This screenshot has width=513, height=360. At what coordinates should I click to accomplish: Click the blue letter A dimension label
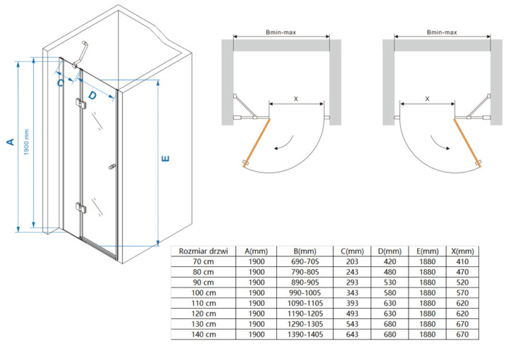(x=11, y=141)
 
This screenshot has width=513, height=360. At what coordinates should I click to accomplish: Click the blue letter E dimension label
(x=166, y=158)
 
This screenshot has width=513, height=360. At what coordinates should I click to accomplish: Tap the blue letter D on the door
(x=92, y=95)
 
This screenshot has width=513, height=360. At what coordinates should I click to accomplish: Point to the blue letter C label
(x=60, y=83)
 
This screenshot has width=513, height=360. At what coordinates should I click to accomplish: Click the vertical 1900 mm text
(x=26, y=142)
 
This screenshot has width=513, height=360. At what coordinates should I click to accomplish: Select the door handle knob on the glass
(x=112, y=167)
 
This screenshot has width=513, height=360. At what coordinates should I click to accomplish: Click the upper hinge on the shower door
(x=80, y=104)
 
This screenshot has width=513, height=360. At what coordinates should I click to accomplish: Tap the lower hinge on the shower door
(x=80, y=208)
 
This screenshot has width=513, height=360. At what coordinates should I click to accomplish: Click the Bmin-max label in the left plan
(x=281, y=33)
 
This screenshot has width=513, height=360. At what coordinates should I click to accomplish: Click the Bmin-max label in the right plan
(x=442, y=33)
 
